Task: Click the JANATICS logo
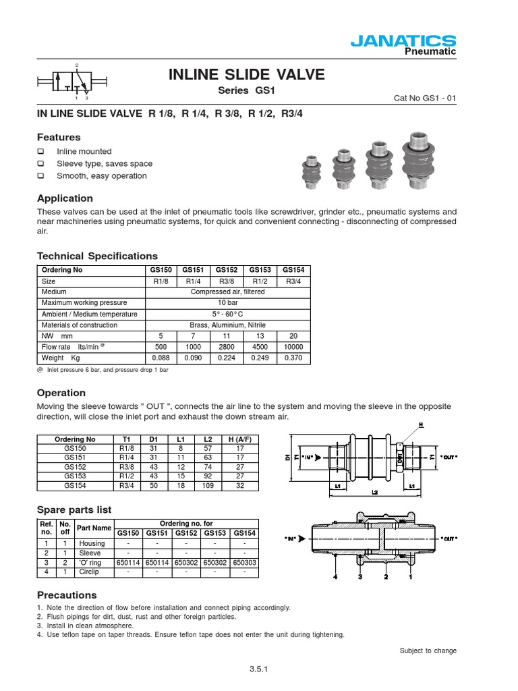[x=403, y=41]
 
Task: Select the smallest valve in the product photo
[x=311, y=171]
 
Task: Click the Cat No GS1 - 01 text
[x=425, y=98]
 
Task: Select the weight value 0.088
[x=160, y=358]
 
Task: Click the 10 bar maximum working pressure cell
[x=228, y=303]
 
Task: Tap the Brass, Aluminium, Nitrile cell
[x=228, y=325]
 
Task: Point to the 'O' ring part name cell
[x=92, y=562]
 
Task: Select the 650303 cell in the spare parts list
[x=245, y=562]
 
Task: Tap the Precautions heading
[x=67, y=595]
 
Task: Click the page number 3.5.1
[x=259, y=670]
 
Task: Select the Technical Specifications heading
[x=97, y=256]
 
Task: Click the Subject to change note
[x=428, y=651]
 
